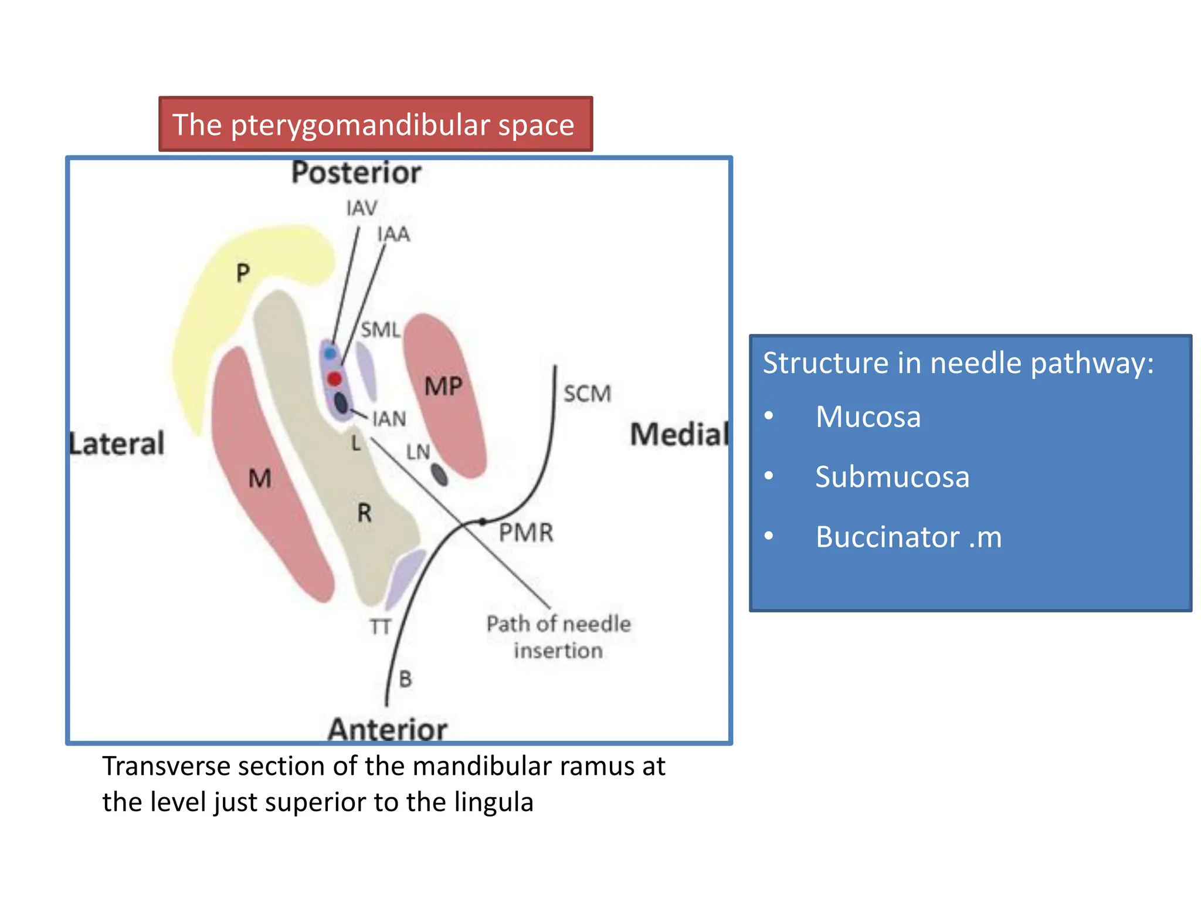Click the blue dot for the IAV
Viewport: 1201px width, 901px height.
[x=330, y=354]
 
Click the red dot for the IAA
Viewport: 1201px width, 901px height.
[x=334, y=379]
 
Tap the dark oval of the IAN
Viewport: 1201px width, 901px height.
[x=341, y=403]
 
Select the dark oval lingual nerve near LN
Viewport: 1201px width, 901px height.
[x=439, y=474]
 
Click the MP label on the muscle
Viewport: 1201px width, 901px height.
[x=443, y=387]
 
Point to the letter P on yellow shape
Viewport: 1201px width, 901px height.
[x=243, y=273]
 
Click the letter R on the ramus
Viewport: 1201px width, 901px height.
[x=364, y=513]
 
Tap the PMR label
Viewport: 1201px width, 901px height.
[x=525, y=533]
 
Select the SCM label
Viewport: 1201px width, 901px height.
[x=587, y=394]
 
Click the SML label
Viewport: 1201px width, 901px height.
[x=380, y=330]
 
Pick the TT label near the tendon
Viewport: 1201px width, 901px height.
[x=380, y=627]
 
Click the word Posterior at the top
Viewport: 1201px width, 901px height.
[x=356, y=173]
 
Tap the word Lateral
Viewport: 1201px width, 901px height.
[x=117, y=443]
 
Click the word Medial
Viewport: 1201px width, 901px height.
[x=678, y=435]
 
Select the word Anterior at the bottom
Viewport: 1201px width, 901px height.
[x=387, y=729]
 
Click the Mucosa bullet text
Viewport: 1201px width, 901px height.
[x=867, y=417]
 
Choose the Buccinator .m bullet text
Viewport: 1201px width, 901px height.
[x=908, y=537]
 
